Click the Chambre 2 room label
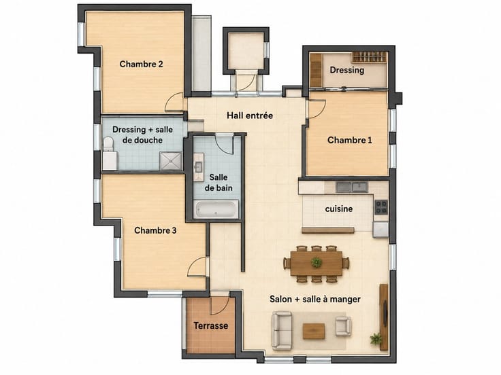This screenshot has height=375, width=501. point(141,64)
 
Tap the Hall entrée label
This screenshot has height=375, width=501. point(250,115)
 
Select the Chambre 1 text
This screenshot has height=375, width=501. point(350,140)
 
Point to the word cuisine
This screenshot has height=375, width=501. point(339,209)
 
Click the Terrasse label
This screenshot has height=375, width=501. point(211,325)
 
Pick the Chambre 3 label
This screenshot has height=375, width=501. point(155,230)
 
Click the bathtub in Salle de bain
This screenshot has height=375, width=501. point(216,209)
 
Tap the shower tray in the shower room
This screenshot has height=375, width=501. point(171,161)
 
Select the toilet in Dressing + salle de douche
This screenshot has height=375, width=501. point(108,144)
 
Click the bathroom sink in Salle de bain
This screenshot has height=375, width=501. point(198,166)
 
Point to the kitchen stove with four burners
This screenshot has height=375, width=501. point(381,207)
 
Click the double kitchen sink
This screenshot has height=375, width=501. point(352,187)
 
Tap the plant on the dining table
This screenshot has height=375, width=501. point(317,262)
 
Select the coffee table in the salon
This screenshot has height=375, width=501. point(314,332)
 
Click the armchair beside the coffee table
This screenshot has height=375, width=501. point(344,326)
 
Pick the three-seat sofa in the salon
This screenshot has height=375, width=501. point(282,331)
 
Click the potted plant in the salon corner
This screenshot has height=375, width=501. point(376,338)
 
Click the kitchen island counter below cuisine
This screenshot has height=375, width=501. point(328,230)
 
